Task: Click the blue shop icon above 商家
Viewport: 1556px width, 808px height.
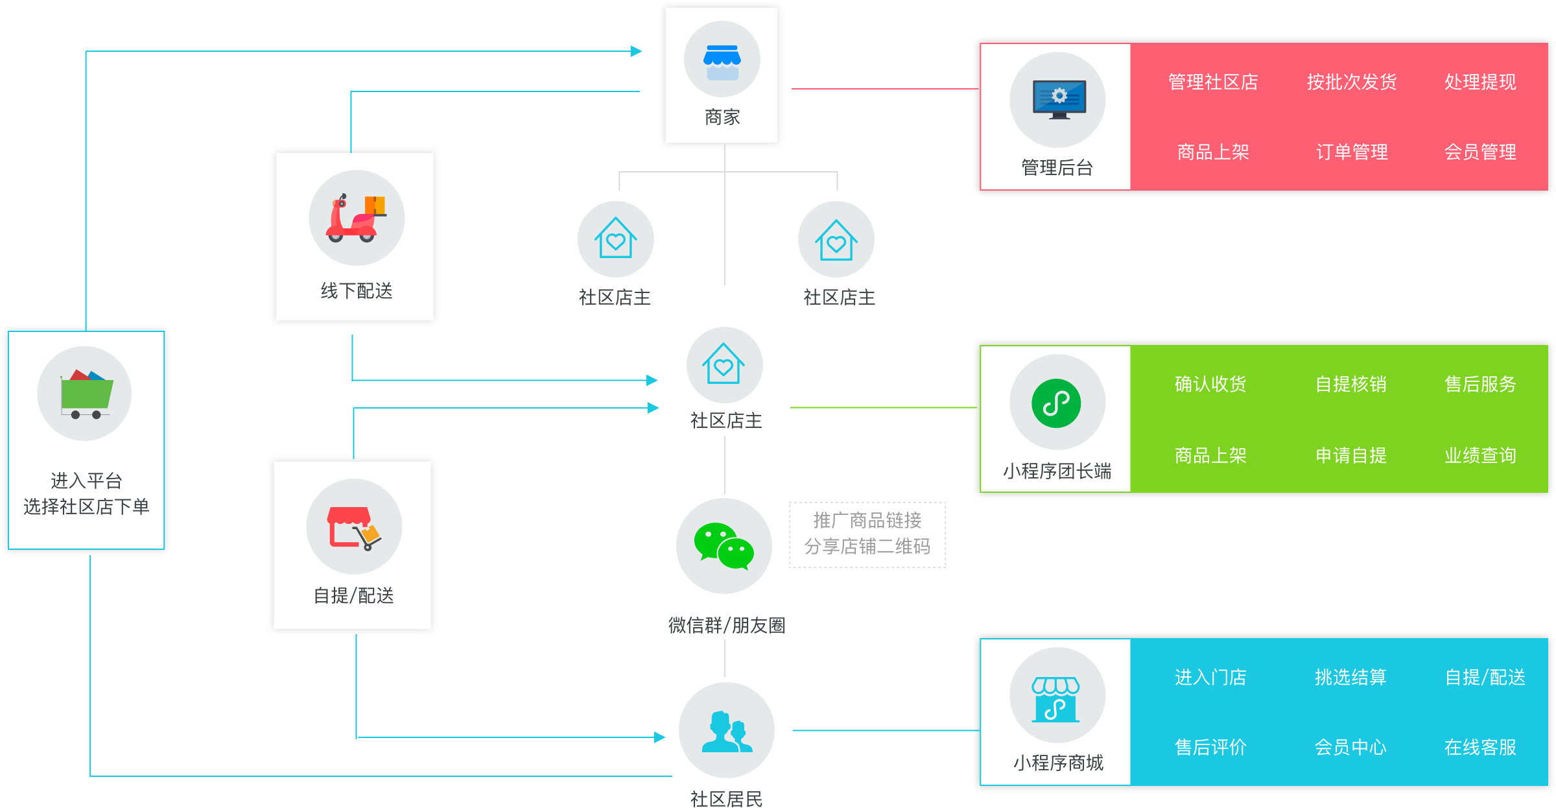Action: point(722,62)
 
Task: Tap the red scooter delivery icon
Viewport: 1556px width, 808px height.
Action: point(356,219)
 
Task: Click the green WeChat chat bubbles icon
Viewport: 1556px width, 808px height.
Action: point(724,546)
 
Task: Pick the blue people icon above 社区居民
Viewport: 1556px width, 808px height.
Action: point(727,731)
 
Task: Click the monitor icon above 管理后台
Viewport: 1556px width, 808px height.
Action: point(1059,99)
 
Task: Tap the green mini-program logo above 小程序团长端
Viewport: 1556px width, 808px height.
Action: point(1056,403)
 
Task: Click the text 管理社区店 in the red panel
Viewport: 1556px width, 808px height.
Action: point(1212,82)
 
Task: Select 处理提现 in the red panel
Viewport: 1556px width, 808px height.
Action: point(1479,82)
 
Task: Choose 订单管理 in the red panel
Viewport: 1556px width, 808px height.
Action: point(1351,152)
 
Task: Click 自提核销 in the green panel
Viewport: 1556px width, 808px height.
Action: point(1350,385)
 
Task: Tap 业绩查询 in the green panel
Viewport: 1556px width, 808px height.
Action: point(1479,456)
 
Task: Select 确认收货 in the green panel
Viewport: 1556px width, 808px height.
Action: point(1210,385)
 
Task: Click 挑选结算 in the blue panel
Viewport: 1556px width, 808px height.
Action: point(1350,678)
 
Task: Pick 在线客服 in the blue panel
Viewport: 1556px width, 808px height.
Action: point(1479,748)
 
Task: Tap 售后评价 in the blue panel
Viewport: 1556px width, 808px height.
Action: point(1210,748)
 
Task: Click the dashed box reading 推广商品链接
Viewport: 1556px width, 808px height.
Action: point(867,534)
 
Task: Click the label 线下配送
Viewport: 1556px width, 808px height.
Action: point(357,291)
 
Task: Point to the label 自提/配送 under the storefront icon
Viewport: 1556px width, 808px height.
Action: point(353,596)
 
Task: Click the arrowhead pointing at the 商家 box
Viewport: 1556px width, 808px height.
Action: point(636,51)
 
